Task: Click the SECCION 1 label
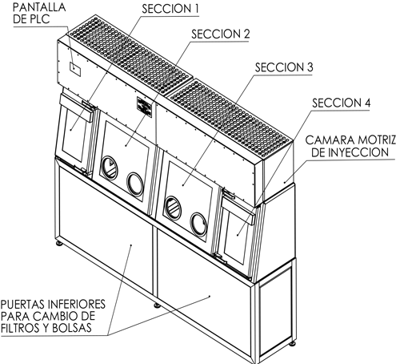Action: pos(170,9)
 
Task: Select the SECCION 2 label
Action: pos(221,34)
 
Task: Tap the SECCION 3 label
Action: pos(284,67)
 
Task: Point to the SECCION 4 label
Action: pos(342,103)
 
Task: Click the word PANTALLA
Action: pos(39,7)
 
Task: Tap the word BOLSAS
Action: pos(72,328)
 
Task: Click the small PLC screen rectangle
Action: pos(75,69)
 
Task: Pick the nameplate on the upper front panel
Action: pos(144,107)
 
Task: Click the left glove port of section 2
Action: pos(109,168)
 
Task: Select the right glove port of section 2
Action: pos(135,184)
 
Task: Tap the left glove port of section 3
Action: pos(173,208)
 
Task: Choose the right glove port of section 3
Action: pos(198,224)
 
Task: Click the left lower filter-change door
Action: pos(106,230)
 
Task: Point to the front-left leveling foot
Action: pos(59,243)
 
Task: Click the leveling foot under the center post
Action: pos(158,305)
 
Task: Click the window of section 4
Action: pos(236,236)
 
